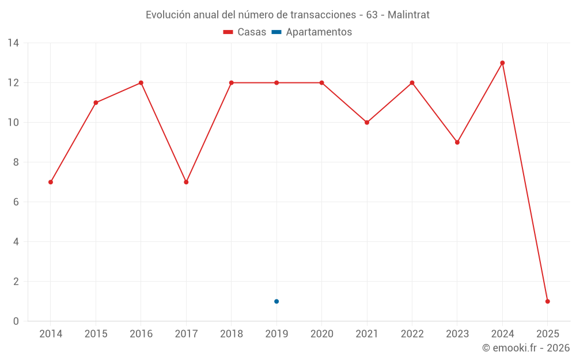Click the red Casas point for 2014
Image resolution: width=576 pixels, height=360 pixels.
[51, 182]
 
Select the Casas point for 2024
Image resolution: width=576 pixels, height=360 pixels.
[502, 63]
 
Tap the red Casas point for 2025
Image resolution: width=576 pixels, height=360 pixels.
[547, 301]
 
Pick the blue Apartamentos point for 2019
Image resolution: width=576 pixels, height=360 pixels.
[276, 301]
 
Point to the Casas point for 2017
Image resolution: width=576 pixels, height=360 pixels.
[186, 182]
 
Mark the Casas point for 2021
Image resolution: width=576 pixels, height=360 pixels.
[367, 122]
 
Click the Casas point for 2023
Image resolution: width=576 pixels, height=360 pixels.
[457, 142]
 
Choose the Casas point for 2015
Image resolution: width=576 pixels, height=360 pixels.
[96, 103]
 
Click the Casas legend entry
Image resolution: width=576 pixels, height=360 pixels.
[245, 32]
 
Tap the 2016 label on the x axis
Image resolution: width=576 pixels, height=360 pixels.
[141, 334]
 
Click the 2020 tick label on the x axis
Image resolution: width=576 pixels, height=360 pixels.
[321, 334]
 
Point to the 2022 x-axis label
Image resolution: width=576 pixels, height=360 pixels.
[412, 334]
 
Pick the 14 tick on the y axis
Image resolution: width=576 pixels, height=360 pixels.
[13, 43]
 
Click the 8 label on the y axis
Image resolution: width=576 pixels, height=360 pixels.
[16, 162]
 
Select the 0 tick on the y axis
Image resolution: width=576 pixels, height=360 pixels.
[16, 321]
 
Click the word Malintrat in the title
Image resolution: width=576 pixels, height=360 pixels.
[408, 15]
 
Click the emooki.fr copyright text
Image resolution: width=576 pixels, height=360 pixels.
[526, 348]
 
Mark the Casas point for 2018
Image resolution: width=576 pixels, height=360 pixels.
[232, 82]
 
